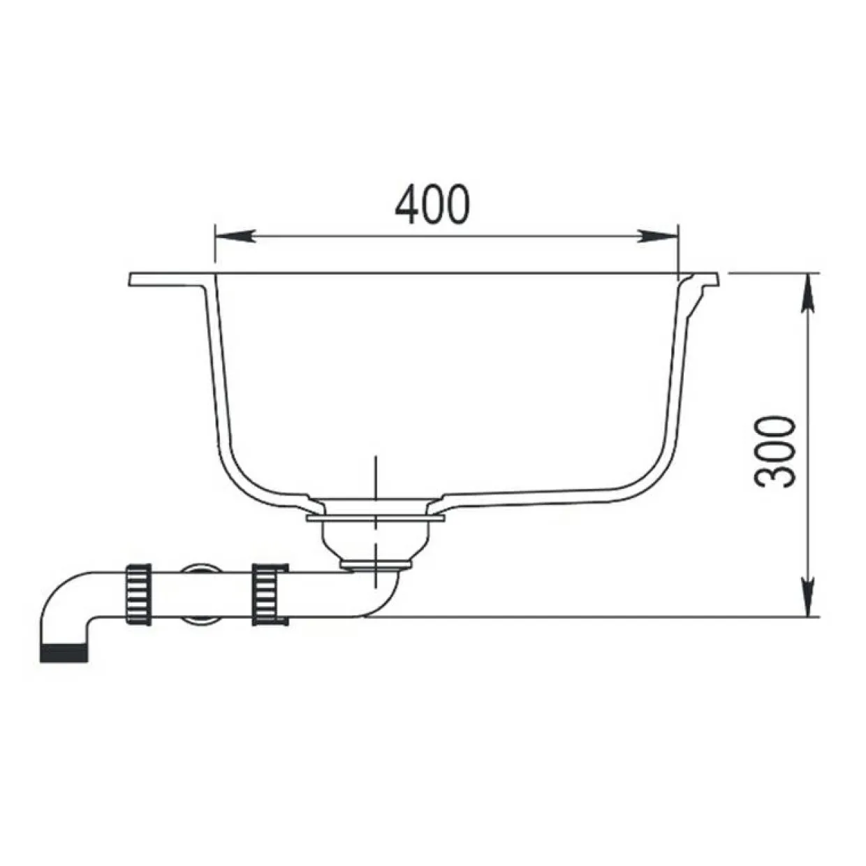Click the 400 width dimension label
pos(432,205)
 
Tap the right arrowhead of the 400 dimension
pos(659,236)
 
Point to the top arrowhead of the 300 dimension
pos(809,293)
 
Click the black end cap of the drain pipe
pos(64,653)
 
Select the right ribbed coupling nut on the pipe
pos(270,594)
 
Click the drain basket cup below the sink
pos(375,541)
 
